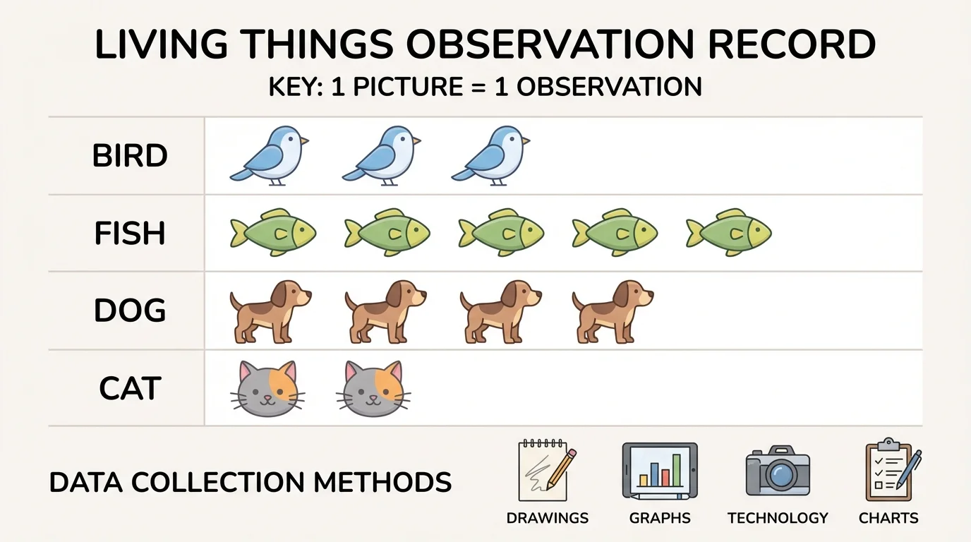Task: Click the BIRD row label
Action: pyautogui.click(x=130, y=156)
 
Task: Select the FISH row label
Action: pyautogui.click(x=130, y=234)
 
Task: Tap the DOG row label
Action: pyautogui.click(x=130, y=311)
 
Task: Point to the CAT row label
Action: pyautogui.click(x=130, y=389)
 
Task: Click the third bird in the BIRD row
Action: pyautogui.click(x=491, y=155)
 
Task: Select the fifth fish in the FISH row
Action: pyautogui.click(x=729, y=232)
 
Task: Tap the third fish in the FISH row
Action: pyautogui.click(x=502, y=232)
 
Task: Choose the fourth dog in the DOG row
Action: pyautogui.click(x=613, y=311)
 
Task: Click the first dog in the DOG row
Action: pyautogui.click(x=270, y=311)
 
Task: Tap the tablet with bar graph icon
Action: pyautogui.click(x=660, y=469)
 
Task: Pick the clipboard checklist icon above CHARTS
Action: pyautogui.click(x=891, y=469)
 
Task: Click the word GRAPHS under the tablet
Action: pyautogui.click(x=660, y=518)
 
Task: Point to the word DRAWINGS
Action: pyautogui.click(x=547, y=518)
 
